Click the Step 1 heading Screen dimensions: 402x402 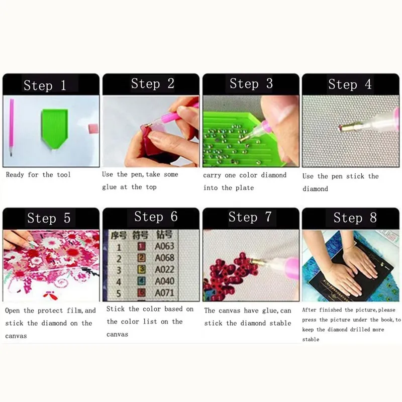click(45, 85)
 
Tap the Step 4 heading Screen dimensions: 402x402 click(350, 84)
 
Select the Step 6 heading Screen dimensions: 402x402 click(156, 217)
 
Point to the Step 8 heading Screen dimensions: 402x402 click(355, 217)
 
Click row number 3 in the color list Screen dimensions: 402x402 click(119, 270)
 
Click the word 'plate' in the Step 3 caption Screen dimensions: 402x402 click(244, 187)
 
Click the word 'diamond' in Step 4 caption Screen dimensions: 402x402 click(315, 189)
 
